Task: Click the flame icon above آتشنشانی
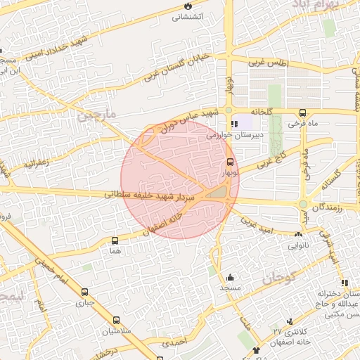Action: [186, 6]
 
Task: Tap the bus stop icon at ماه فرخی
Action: [302, 112]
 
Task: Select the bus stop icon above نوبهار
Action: [230, 161]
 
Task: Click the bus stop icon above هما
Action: [115, 240]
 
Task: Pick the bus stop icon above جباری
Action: [85, 292]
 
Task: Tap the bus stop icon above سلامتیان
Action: [116, 320]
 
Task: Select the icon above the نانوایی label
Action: [299, 236]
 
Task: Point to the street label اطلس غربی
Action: [269, 63]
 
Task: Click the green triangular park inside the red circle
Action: [218, 191]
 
